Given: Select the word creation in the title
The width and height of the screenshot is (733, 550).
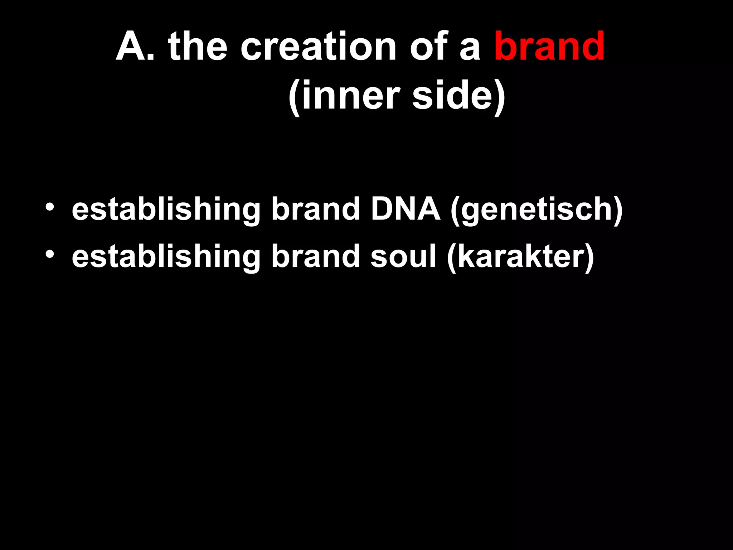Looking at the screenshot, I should tap(318, 47).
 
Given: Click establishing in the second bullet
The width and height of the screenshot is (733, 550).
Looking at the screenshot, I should tap(166, 258).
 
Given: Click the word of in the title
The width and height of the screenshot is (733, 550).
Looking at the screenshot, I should tap(429, 47).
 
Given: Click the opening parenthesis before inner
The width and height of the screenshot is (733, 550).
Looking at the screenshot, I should tap(294, 97).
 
